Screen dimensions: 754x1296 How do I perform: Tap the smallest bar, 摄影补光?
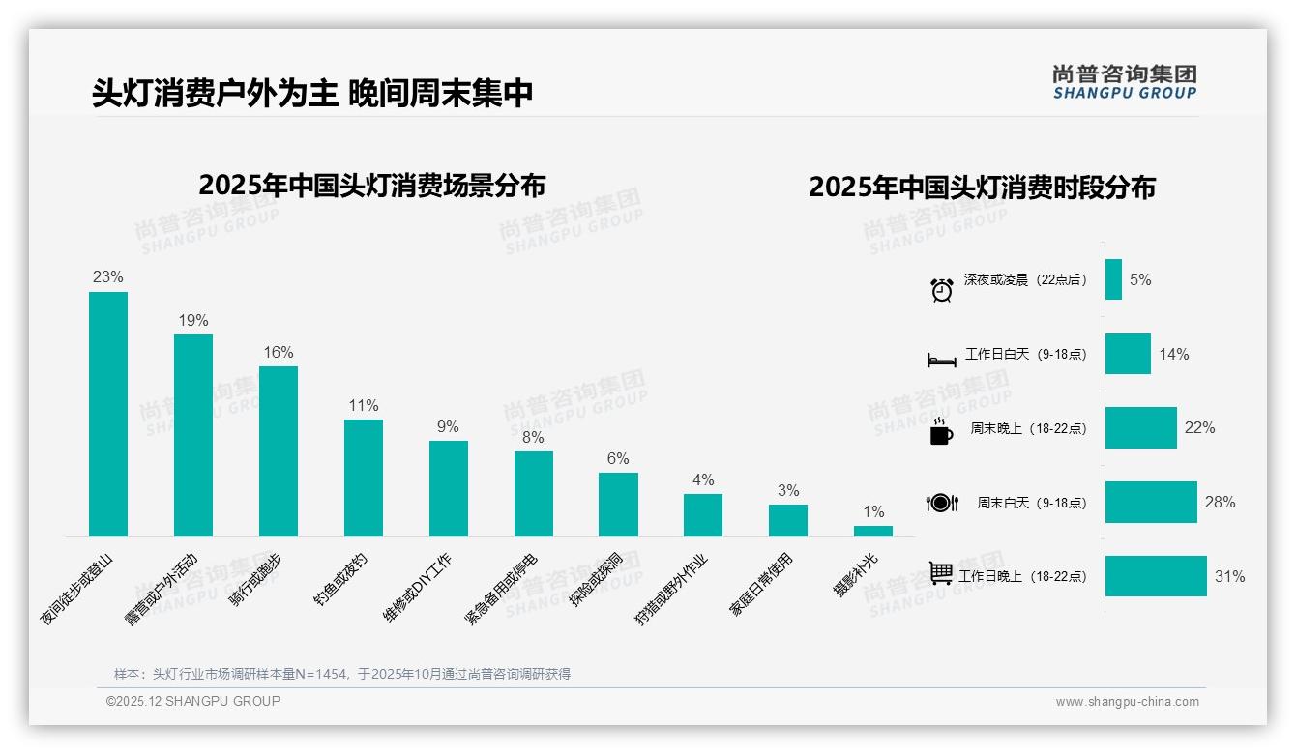click(872, 531)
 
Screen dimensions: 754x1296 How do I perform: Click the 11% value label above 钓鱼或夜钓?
click(364, 405)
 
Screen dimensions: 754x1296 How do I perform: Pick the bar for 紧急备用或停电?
click(533, 494)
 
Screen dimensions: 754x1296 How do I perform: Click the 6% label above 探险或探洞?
click(618, 458)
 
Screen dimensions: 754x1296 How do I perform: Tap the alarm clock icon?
click(942, 289)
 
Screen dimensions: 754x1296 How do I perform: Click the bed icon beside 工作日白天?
click(942, 361)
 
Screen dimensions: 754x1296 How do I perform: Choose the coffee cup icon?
click(941, 431)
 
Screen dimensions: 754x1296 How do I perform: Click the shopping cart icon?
click(942, 573)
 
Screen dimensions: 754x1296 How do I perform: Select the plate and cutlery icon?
click(942, 503)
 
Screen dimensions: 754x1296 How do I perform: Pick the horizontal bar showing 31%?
click(1156, 576)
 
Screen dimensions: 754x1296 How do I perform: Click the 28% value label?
click(1220, 503)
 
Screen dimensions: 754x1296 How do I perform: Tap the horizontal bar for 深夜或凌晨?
click(1113, 279)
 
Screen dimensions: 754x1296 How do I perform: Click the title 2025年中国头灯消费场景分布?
click(372, 186)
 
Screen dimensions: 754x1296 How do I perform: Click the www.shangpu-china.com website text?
click(1127, 702)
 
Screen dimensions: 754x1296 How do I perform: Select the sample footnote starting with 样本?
click(342, 674)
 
